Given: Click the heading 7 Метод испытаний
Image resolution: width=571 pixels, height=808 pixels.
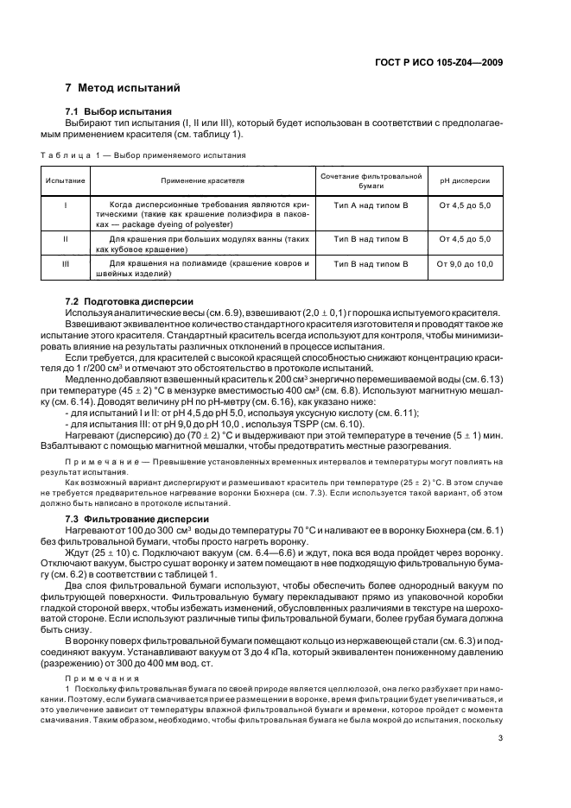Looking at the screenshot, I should pyautogui.click(x=123, y=88).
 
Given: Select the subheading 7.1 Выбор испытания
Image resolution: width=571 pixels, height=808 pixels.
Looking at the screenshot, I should pyautogui.click(x=119, y=112).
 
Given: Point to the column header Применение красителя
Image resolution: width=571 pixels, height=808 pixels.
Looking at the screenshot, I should pyautogui.click(x=202, y=181).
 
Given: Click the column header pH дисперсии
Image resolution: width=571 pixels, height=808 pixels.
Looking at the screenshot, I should pyautogui.click(x=465, y=181).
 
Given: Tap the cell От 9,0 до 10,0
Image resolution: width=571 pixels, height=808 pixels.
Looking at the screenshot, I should pyautogui.click(x=465, y=263).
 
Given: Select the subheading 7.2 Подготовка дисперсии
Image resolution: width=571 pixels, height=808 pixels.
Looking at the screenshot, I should pyautogui.click(x=127, y=300).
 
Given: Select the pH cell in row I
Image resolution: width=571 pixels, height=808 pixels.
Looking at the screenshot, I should pyautogui.click(x=465, y=205).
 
